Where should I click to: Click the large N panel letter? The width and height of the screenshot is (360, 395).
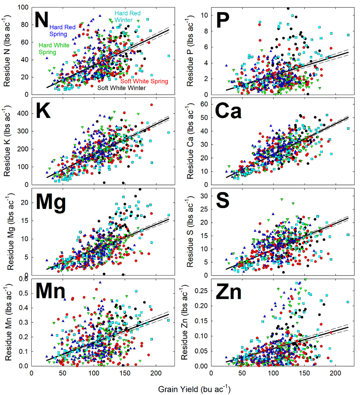tap(41, 20)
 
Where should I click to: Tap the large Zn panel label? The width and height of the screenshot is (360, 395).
tap(228, 292)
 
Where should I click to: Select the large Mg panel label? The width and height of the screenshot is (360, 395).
tap(51, 202)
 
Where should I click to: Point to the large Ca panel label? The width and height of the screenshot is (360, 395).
tap(228, 111)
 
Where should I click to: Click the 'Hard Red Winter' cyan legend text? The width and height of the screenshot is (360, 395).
tap(127, 17)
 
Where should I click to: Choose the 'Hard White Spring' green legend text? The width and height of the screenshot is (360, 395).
tap(54, 49)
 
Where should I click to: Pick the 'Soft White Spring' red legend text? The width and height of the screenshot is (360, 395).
tap(144, 81)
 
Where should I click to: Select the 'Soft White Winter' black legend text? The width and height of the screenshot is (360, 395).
tap(121, 88)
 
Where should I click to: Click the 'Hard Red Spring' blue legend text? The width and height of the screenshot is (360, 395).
tap(62, 31)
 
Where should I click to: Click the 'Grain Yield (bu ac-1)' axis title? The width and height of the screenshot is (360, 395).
tap(194, 389)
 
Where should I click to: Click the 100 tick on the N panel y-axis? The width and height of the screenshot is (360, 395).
tap(23, 7)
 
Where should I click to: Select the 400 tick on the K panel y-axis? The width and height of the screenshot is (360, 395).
tap(23, 113)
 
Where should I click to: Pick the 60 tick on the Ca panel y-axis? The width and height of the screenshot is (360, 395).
tap(204, 104)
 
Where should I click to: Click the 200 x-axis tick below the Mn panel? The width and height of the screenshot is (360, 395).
tap(156, 373)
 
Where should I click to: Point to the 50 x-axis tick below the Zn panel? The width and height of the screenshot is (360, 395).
tap(242, 373)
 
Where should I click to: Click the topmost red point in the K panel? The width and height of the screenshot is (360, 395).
tap(151, 105)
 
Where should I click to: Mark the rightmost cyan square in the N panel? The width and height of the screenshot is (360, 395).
tap(169, 56)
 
